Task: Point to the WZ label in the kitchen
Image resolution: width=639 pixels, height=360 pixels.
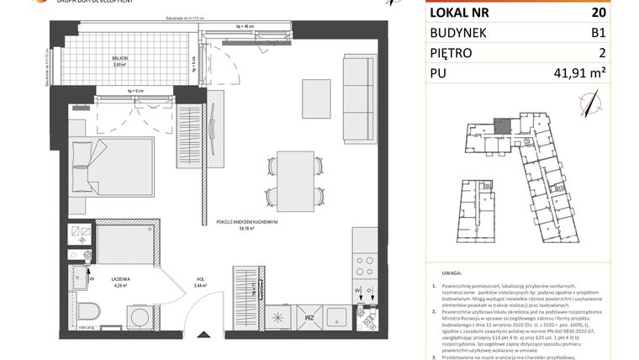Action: click(x=309, y=318)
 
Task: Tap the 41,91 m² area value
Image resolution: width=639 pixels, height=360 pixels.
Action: click(x=585, y=75)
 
